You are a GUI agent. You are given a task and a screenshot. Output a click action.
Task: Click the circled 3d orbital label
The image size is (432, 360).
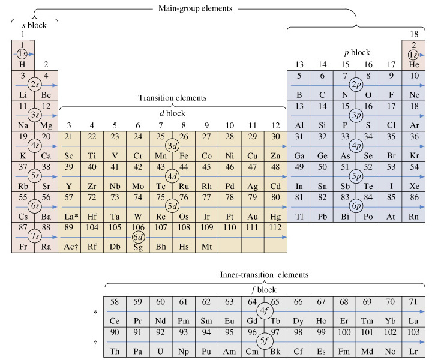172,146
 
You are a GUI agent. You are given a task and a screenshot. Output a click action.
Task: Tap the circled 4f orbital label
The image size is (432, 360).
265,311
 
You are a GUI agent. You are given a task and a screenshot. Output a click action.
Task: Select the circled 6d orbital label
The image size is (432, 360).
138,237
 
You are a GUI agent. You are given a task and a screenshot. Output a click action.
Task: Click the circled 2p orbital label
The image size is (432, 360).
356,85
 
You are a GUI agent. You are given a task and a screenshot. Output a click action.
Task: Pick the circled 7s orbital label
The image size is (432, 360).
35,236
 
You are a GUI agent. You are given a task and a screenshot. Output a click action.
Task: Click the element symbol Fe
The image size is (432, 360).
184,156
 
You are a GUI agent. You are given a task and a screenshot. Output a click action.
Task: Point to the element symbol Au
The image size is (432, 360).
253,217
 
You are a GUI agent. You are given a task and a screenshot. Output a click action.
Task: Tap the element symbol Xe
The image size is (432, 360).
414,186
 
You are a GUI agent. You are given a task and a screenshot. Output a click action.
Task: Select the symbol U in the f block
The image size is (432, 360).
160,352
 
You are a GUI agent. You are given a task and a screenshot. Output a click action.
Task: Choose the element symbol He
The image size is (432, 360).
414,64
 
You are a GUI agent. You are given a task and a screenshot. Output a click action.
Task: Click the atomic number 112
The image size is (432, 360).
275,227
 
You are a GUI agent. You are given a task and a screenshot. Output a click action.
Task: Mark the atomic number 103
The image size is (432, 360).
413,332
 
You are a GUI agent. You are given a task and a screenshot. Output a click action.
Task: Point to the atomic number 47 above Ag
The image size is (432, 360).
253,167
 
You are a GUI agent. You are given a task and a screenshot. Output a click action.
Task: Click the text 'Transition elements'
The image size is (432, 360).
172,98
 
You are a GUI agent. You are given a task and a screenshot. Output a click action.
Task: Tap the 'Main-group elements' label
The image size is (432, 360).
196,8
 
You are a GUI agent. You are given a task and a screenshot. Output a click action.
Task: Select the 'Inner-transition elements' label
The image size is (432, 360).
264,275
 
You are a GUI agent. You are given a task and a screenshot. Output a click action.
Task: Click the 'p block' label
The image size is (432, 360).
357,52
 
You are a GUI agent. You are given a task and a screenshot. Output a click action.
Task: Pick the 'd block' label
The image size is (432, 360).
172,113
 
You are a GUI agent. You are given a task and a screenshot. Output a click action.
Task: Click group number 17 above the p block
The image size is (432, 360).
391,64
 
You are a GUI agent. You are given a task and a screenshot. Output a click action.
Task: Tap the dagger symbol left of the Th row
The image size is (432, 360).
95,343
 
